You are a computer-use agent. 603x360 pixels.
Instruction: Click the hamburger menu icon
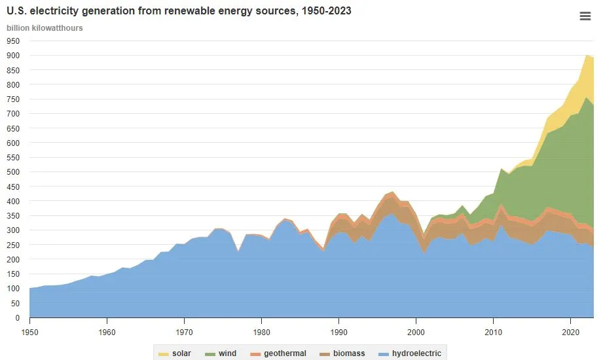pos(585,16)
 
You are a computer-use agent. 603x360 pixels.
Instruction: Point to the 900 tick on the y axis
pos(14,56)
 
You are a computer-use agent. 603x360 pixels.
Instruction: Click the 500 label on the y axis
pos(14,171)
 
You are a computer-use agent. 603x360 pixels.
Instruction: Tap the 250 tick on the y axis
pos(14,245)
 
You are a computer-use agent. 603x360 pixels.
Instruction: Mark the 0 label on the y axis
pos(18,317)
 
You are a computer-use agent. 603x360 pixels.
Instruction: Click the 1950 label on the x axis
pos(29,332)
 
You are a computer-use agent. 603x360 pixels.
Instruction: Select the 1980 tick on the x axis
pos(261,332)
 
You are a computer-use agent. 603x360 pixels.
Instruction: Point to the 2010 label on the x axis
pos(493,332)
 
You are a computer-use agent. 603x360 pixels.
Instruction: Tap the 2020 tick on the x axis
pos(570,332)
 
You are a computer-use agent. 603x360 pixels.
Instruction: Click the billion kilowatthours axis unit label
pos(45,28)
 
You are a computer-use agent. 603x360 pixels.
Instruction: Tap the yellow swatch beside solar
pos(163,353)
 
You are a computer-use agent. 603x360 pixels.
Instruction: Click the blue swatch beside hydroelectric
pos(383,353)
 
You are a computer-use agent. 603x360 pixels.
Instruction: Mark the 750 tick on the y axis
pos(14,99)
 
